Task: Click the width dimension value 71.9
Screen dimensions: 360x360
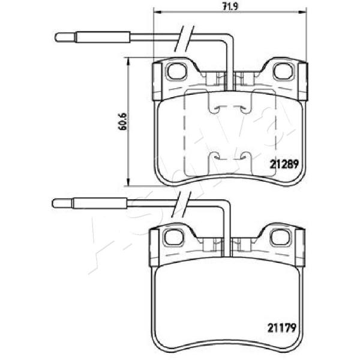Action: click(x=230, y=6)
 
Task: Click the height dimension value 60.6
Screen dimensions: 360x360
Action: click(x=122, y=121)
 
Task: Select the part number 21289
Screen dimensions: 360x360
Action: click(x=284, y=164)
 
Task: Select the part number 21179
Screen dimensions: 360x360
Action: click(x=282, y=328)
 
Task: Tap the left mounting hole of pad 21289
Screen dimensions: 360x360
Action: click(x=176, y=71)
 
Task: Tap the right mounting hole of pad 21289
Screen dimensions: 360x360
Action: click(x=284, y=71)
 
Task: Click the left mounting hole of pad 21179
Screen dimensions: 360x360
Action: click(x=173, y=238)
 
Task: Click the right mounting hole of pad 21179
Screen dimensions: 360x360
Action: click(x=280, y=237)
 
